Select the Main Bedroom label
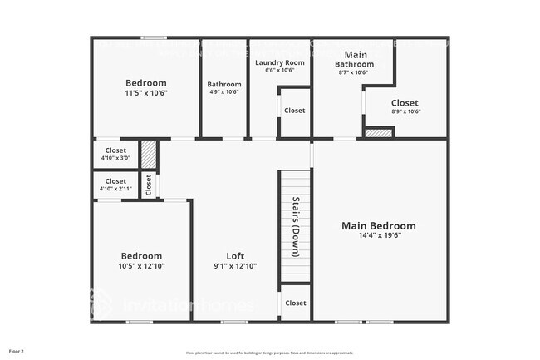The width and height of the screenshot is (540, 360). [379, 225]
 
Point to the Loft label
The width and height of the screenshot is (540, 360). [235, 256]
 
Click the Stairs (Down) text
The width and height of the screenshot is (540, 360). [295, 227]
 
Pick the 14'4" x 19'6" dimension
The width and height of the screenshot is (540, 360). [379, 235]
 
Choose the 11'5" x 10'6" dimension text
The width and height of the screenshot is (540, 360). [146, 93]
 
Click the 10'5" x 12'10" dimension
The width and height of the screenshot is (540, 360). [141, 266]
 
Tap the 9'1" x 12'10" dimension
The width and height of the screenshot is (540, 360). [235, 266]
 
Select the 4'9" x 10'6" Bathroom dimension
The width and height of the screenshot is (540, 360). [224, 92]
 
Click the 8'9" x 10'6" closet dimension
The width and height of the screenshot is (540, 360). [405, 111]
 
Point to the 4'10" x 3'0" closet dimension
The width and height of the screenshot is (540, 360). [115, 157]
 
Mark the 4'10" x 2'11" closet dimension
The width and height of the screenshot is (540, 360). [115, 188]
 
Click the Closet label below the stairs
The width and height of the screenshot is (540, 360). [295, 303]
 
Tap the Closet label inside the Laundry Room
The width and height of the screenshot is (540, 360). [295, 111]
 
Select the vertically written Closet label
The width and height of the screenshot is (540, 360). [149, 185]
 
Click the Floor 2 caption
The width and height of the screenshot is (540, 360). [17, 351]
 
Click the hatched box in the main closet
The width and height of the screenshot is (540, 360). [379, 131]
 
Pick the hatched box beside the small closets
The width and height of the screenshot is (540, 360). [149, 155]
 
